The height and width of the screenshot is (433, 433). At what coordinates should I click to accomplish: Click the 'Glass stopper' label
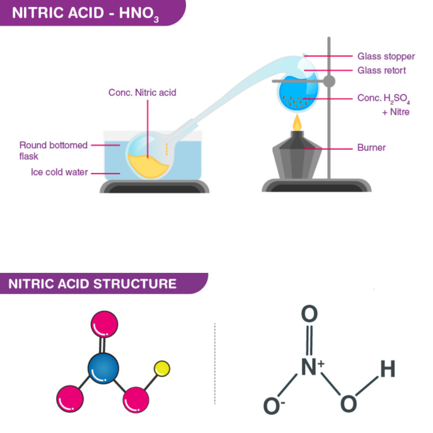tap(386, 56)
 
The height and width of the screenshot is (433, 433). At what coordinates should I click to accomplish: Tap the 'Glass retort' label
tap(382, 70)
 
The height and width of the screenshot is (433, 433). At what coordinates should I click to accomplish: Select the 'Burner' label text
tap(371, 147)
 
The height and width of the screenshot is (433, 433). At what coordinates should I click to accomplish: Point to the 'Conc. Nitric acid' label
tap(142, 93)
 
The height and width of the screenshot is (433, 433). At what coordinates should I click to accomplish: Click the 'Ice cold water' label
tap(59, 173)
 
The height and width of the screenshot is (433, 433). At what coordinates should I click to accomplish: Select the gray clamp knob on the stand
tap(329, 81)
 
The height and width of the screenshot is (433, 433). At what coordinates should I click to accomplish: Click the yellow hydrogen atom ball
tap(162, 369)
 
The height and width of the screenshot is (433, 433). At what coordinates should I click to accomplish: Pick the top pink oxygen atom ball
tap(103, 325)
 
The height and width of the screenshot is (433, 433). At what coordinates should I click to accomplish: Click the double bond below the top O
tap(310, 339)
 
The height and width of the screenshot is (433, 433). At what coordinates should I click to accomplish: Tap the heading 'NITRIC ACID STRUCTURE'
tap(92, 284)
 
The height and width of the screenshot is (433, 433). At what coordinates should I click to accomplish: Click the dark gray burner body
tap(297, 160)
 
